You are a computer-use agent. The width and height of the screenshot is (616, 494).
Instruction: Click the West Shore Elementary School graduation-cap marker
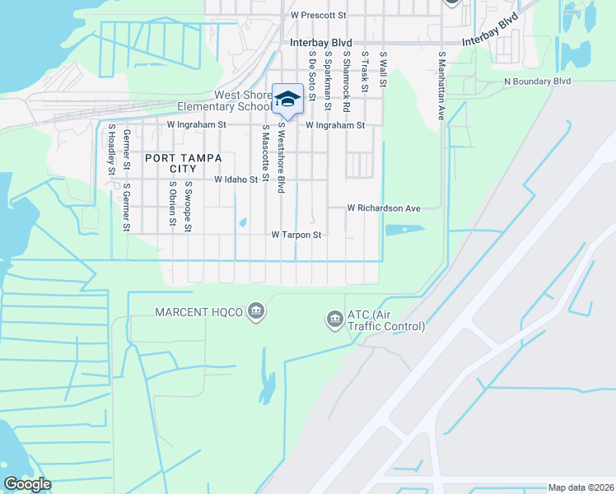[x=287, y=99]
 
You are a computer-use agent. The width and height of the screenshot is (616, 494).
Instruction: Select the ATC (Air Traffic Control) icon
[x=334, y=318]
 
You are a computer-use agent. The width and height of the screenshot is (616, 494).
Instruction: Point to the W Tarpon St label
[x=296, y=235]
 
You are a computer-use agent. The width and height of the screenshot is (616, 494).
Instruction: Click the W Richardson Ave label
[x=384, y=208]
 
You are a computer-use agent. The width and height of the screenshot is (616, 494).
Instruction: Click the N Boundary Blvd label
[x=538, y=82]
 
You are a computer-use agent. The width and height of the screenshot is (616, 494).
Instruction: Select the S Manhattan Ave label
[x=441, y=86]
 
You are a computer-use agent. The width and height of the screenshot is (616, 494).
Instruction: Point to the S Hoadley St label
[x=111, y=150]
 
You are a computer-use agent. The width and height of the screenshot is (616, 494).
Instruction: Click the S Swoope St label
[x=189, y=207]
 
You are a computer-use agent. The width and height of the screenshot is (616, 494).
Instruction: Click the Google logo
[x=27, y=484]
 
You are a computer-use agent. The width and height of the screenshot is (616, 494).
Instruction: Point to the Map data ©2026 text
[x=581, y=487]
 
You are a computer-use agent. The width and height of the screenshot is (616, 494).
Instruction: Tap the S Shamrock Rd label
[x=348, y=81]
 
